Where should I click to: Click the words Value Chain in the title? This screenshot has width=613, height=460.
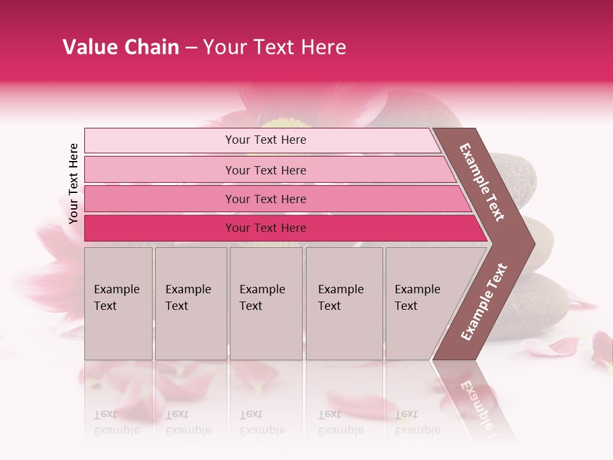[121, 47]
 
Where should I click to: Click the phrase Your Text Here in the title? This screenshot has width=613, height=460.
[275, 47]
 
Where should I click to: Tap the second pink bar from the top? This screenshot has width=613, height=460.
[266, 170]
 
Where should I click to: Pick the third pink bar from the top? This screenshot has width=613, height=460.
[266, 199]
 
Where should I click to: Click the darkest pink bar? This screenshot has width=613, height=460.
[266, 228]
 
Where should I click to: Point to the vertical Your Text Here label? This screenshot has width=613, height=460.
[74, 183]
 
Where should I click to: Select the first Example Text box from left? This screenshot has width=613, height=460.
[118, 303]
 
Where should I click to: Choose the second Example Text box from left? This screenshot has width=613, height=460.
[190, 303]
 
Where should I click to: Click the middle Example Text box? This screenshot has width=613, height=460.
[266, 303]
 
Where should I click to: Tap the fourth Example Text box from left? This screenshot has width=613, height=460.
[344, 303]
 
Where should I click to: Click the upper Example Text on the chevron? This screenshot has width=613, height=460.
[483, 182]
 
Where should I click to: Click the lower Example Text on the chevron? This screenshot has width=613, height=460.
[484, 302]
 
